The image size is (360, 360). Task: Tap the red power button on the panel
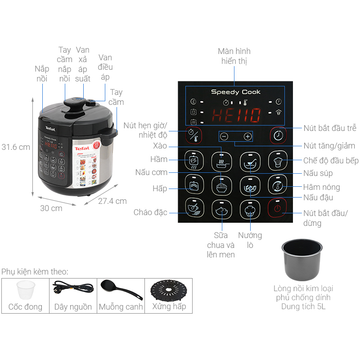277,208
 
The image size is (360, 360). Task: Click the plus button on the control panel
247,137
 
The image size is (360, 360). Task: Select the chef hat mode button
278,161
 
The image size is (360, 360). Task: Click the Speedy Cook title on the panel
235,92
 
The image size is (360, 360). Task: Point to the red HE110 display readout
236,115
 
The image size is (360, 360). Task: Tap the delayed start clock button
278,135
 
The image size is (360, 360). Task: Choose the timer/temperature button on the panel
193,135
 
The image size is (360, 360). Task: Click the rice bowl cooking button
221,186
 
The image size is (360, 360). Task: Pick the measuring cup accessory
26,290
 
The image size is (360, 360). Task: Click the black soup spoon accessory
121,289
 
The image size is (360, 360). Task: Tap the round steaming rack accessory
169,290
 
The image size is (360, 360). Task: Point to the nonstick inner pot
302,260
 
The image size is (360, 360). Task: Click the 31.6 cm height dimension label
16,147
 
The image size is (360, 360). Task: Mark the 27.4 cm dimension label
112,201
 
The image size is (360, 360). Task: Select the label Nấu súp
318,173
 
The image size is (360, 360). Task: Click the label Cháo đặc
150,212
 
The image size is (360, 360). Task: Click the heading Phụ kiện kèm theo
35,272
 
